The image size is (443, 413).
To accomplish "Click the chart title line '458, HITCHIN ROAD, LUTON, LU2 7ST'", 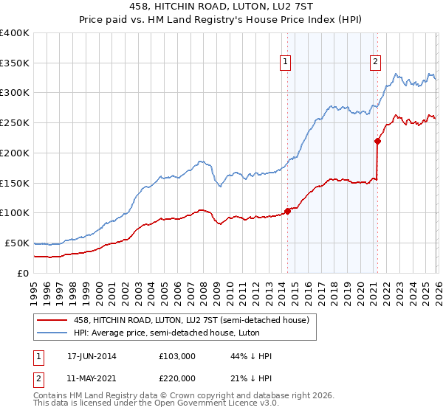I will [x=221, y=7].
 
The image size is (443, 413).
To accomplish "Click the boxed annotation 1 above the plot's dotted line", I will [x=285, y=63].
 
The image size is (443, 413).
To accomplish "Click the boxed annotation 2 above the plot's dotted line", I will [x=376, y=63].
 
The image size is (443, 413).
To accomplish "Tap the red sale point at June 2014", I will [x=287, y=211].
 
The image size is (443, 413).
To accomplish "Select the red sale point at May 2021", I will [x=377, y=140].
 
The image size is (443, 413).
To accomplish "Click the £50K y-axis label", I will [x=17, y=243].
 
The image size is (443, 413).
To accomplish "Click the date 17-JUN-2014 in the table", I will [x=92, y=356].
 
